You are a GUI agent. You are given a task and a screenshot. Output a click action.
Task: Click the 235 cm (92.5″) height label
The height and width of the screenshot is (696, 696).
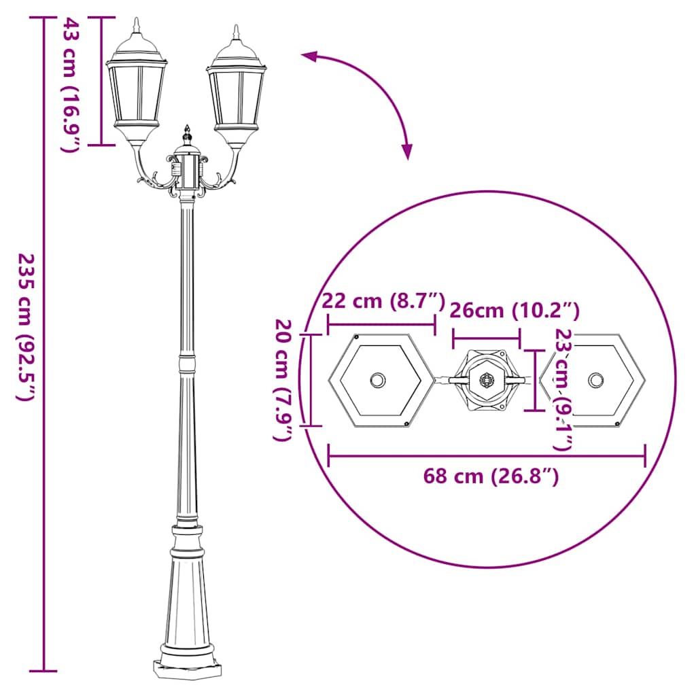point(24,327)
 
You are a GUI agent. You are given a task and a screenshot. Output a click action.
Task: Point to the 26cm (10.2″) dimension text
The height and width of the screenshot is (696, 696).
point(515,311)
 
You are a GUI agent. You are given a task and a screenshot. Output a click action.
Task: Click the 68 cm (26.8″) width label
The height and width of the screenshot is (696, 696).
point(491,476)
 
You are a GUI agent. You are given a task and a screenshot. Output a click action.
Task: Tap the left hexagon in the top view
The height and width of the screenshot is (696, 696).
point(379,381)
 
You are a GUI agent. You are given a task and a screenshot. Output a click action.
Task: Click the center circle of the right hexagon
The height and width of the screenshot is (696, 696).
point(596,380)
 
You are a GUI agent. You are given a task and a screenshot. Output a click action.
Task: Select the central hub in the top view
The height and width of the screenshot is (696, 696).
point(487,381)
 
